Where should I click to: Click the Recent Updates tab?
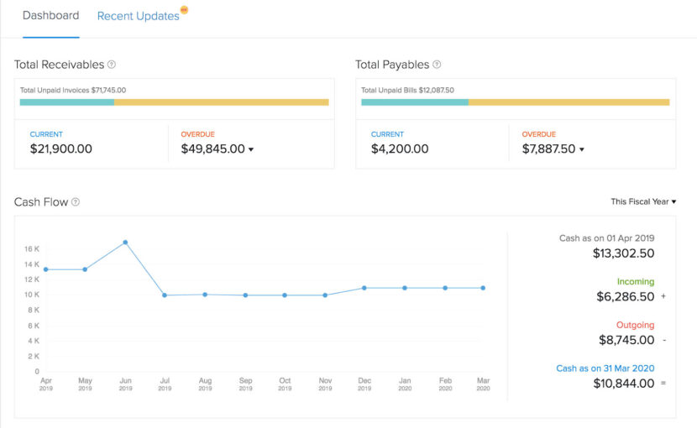coord(138,16)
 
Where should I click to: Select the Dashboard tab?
coord(50,16)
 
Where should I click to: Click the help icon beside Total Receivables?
coord(112,65)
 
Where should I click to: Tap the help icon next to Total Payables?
coord(437,65)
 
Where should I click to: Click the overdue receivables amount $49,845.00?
coord(212,149)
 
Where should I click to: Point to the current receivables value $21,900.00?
coord(60,149)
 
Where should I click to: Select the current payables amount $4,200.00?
coord(400,149)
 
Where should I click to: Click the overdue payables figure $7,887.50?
coord(548,149)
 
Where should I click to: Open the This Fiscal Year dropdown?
coord(642,201)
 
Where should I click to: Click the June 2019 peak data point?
coord(125,242)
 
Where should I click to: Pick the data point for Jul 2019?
coord(165,295)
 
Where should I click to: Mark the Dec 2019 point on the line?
coord(364,288)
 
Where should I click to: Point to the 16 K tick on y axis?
coord(32,249)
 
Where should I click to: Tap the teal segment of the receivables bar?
coord(67,102)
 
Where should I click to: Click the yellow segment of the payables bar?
coord(569,102)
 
